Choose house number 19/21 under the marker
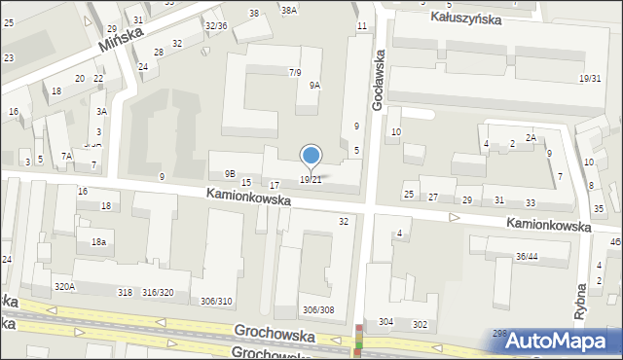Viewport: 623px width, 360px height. [311, 179]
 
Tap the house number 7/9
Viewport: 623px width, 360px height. [295, 72]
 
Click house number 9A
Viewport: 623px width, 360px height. [314, 86]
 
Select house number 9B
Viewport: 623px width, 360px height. [230, 173]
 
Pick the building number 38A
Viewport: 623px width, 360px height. [288, 10]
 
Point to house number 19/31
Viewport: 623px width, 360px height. [589, 78]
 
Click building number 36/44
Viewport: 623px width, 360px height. [528, 256]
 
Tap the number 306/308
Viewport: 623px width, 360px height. [318, 309]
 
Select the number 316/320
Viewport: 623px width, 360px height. [158, 292]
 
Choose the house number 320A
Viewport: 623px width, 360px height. [65, 286]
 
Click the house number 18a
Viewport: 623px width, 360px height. [98, 241]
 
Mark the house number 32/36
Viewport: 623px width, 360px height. [216, 25]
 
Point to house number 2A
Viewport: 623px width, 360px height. [531, 138]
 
